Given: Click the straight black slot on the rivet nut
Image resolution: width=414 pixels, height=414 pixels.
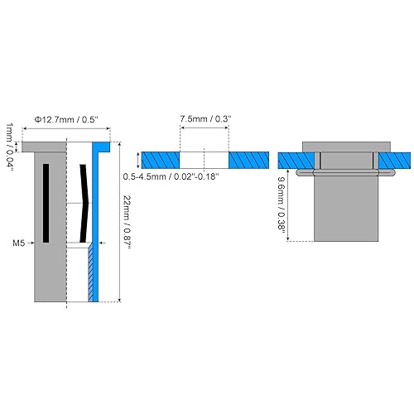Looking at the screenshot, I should click(x=47, y=203).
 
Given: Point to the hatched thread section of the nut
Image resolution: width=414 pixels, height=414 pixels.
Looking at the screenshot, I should click(x=90, y=273).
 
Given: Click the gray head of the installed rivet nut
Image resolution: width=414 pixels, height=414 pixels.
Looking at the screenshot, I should click(x=344, y=147).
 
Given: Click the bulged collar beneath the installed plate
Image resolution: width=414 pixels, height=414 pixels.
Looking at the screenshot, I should click(x=344, y=173).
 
